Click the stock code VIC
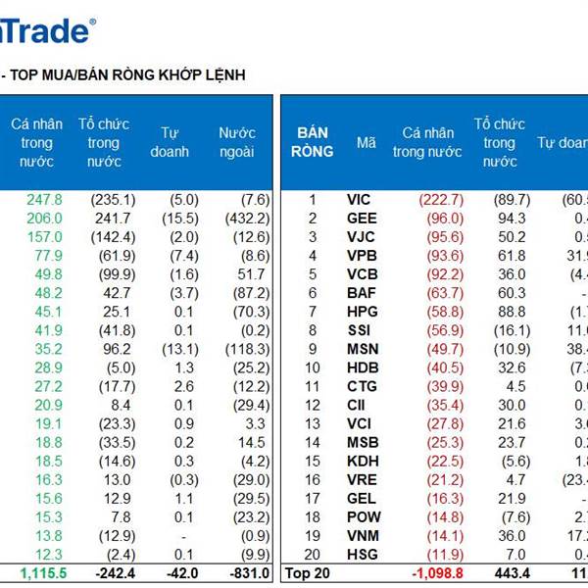tap(359, 200)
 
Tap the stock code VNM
tap(363, 535)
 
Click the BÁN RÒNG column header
tap(314, 142)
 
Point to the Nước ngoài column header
tap(236, 142)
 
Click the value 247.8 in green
tap(44, 200)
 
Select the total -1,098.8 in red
tap(435, 572)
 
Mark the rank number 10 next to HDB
tap(313, 367)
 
